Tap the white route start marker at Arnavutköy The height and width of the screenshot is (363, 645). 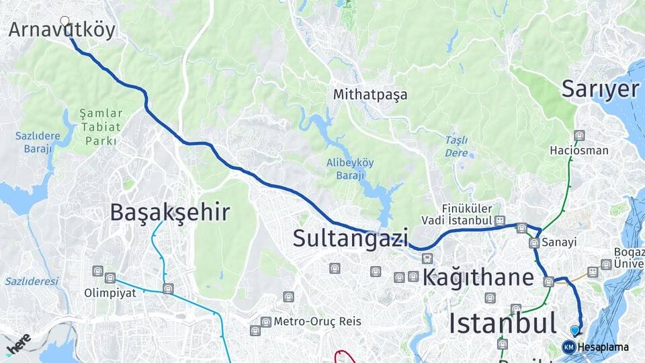[65, 21]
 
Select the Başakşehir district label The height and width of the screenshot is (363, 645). [170, 213]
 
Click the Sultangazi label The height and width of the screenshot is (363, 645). [351, 238]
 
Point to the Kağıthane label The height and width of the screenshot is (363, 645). [478, 278]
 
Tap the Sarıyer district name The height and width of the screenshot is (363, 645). [600, 89]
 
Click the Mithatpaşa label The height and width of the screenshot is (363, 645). [370, 95]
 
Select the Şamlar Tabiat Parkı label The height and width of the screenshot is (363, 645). [101, 127]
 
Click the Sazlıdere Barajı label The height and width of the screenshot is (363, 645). [38, 143]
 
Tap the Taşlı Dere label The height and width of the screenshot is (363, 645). [456, 147]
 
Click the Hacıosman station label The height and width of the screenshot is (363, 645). [579, 151]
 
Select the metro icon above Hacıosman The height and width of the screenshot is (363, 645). [580, 136]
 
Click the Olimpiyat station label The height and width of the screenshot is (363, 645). [110, 293]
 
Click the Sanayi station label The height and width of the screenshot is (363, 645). [560, 242]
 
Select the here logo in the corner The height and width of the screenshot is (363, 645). [17, 344]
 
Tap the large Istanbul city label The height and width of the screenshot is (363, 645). [503, 323]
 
